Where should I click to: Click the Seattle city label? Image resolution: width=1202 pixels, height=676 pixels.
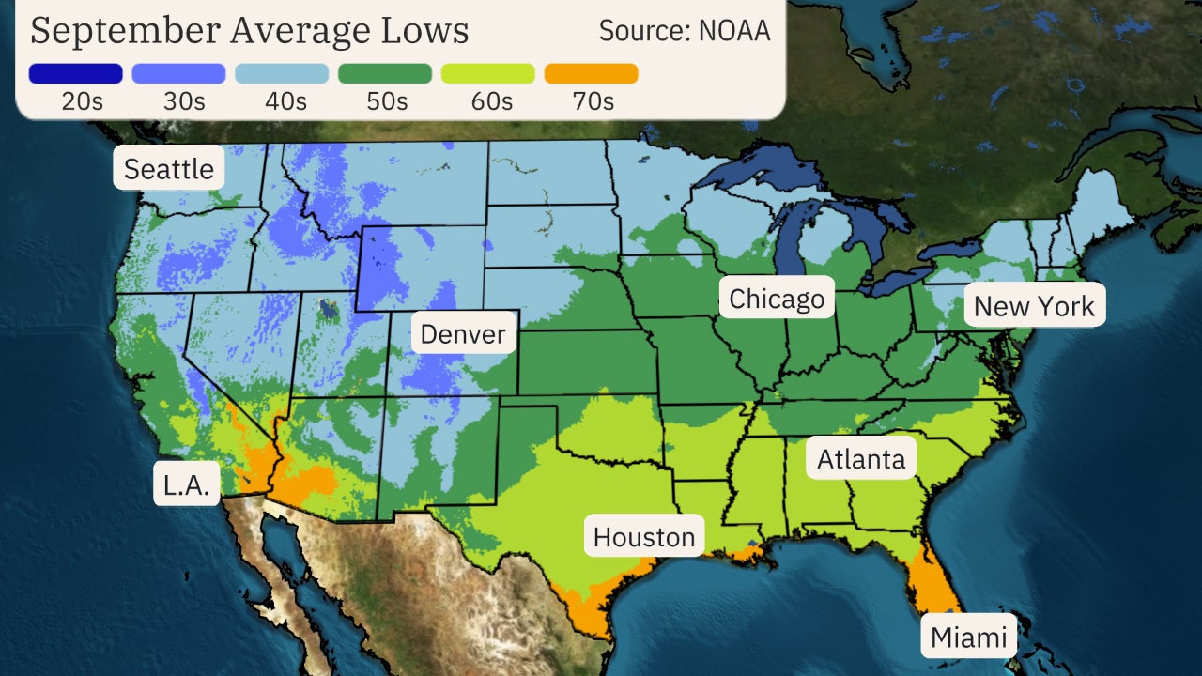[169, 169]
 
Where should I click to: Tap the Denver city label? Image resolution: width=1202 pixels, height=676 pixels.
[463, 333]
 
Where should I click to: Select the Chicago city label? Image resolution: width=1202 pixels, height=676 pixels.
[777, 299]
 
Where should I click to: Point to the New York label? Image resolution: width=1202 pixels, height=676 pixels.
[1034, 306]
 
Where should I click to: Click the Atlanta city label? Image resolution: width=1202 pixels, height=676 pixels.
[861, 459]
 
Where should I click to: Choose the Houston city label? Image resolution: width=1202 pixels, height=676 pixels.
[644, 537]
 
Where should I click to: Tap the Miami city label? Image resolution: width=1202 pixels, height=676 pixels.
[968, 638]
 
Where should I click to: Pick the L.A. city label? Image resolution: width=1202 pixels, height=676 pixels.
[187, 484]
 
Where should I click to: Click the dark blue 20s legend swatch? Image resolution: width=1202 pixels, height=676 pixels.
[75, 73]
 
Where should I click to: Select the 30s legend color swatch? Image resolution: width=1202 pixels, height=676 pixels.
[178, 73]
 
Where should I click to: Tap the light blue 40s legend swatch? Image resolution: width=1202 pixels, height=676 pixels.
[282, 73]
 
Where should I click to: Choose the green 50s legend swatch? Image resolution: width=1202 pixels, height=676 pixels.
[385, 73]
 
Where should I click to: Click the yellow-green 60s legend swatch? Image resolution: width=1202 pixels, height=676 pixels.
[488, 73]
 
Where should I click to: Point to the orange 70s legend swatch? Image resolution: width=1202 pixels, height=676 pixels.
[592, 73]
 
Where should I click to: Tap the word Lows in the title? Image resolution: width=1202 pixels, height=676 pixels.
[425, 30]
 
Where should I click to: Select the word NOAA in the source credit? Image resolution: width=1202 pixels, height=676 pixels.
[733, 30]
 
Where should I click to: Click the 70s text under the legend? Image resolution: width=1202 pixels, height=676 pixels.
[592, 101]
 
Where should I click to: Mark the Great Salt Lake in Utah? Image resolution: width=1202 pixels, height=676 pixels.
[327, 307]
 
